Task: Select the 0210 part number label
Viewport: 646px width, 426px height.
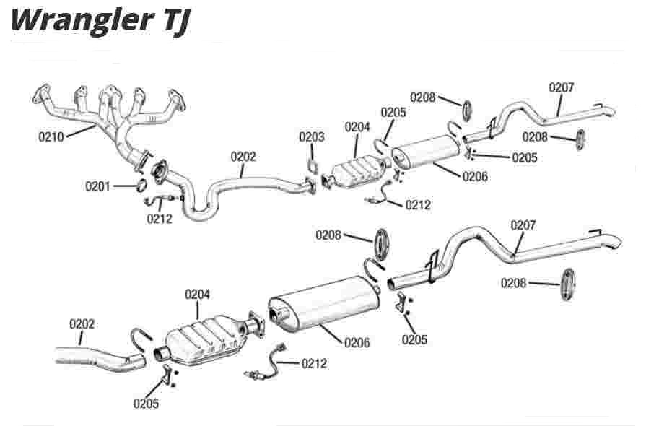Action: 51,136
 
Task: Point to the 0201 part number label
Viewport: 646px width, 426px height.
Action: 97,186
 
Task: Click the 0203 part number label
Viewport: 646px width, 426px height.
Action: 312,137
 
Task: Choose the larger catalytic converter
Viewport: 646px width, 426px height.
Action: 206,339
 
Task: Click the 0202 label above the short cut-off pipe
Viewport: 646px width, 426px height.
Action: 82,324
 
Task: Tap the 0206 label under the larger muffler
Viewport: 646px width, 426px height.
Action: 357,343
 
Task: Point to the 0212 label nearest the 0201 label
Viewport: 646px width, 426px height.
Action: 160,219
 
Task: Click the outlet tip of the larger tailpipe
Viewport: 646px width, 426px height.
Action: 611,240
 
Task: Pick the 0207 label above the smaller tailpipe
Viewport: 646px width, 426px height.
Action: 562,87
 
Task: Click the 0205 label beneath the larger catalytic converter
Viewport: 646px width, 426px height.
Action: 147,404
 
